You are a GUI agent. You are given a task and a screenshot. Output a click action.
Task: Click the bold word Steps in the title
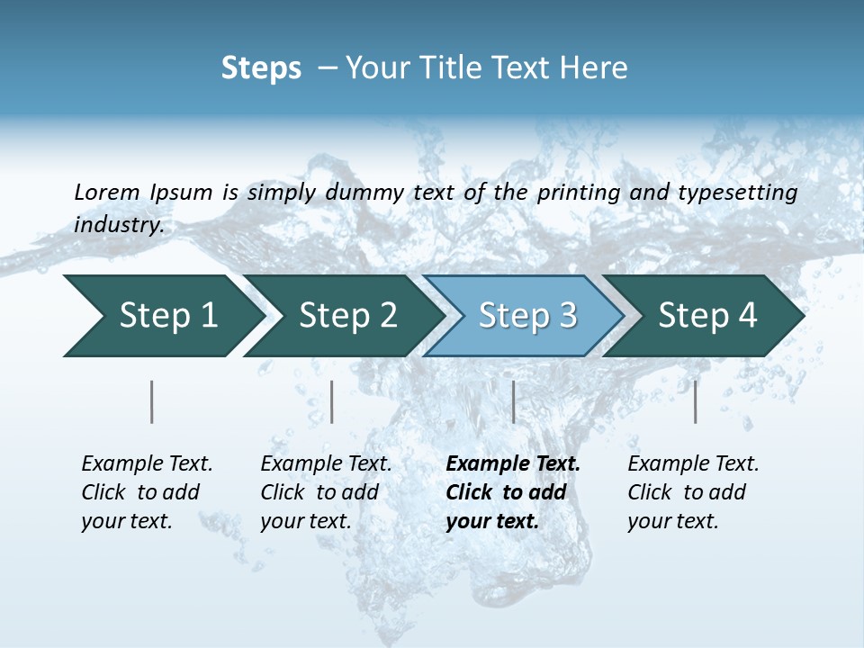261,68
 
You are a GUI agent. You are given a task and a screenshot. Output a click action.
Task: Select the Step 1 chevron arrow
162,315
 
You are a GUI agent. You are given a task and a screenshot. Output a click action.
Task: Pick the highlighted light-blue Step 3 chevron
525,315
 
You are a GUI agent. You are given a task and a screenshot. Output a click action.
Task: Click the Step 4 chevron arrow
705,315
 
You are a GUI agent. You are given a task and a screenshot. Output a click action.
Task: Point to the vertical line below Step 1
152,401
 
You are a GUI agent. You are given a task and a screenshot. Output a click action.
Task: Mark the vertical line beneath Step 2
332,401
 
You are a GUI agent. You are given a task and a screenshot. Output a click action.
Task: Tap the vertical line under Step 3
514,401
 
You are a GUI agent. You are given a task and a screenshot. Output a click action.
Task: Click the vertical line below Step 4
696,401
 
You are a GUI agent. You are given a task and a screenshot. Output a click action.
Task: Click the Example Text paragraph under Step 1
147,492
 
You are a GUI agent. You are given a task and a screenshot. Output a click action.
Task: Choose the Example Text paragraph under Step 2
326,492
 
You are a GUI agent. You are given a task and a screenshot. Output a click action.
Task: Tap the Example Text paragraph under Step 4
693,492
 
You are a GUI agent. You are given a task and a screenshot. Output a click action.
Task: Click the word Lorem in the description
107,193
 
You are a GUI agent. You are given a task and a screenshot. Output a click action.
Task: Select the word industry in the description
119,225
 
